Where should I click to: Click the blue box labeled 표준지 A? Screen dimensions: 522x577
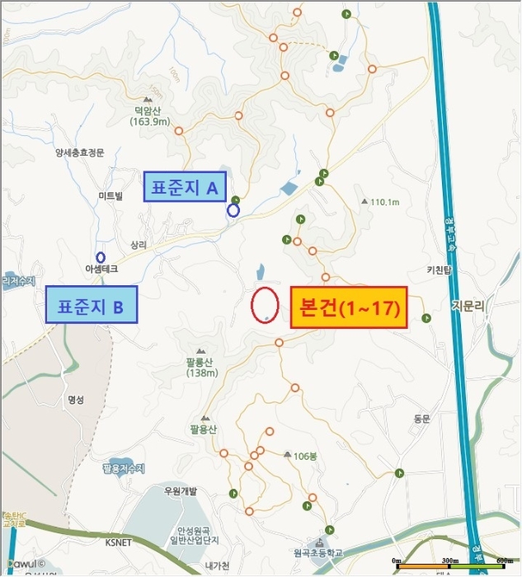(185, 188)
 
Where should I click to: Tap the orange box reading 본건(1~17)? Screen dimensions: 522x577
(349, 307)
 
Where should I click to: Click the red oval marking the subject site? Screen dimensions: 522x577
(264, 305)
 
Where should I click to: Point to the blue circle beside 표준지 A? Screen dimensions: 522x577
(233, 211)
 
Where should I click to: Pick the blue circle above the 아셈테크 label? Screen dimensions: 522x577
(101, 256)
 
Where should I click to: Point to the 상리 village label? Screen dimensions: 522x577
(138, 245)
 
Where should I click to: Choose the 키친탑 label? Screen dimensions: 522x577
(440, 270)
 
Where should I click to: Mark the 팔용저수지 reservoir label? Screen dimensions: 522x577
(123, 468)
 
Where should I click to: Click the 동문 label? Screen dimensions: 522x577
(422, 419)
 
